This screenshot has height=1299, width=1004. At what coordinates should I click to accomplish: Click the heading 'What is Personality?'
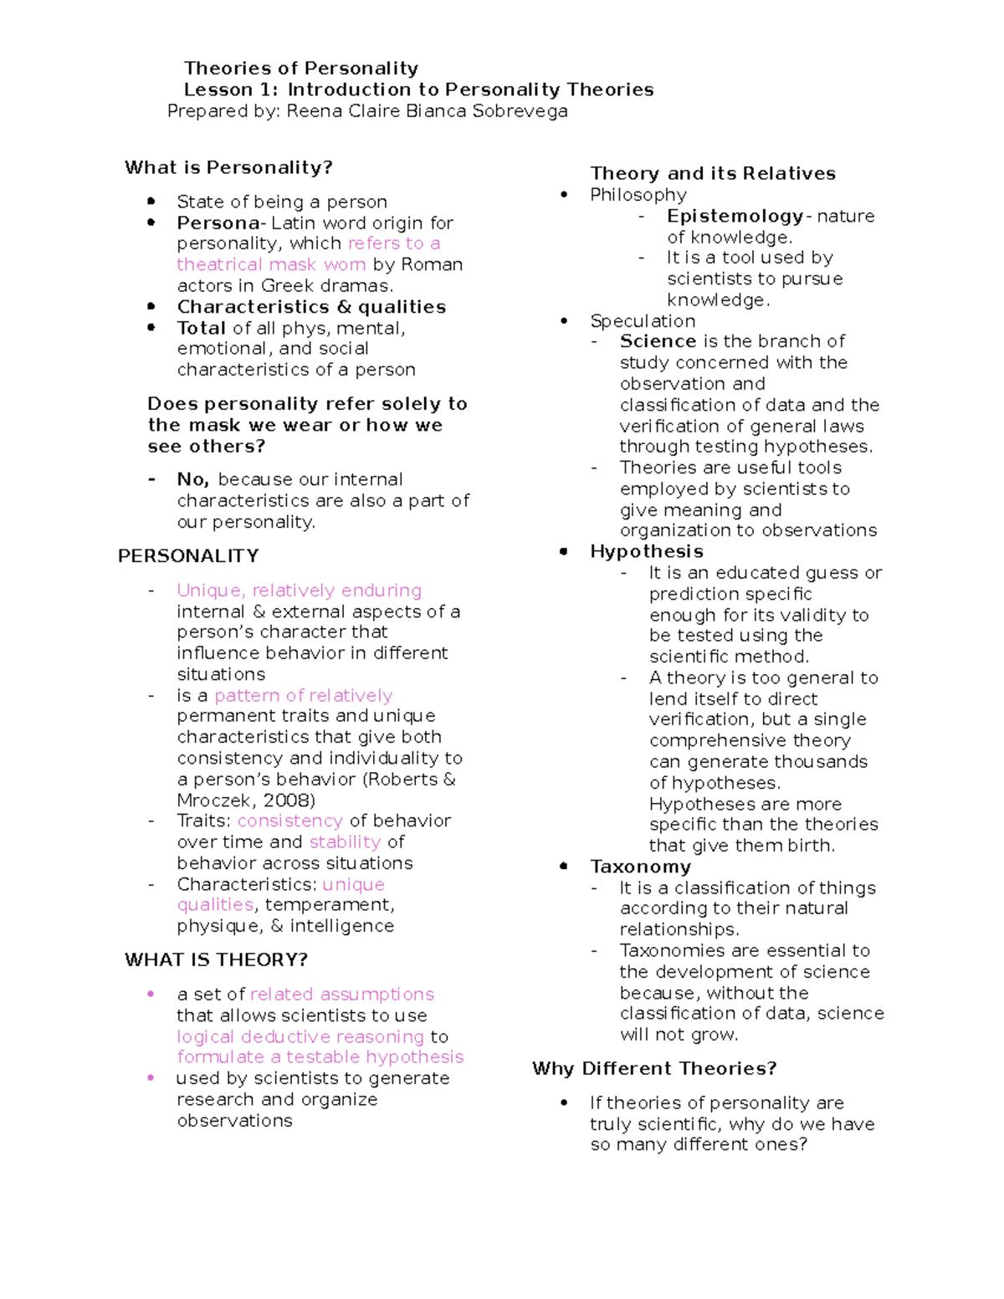point(228,167)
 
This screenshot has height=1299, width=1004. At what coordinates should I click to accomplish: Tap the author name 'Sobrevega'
point(520,111)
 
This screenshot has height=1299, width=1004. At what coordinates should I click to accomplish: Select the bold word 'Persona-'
point(221,223)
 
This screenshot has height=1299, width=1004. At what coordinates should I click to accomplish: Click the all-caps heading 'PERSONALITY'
point(188,556)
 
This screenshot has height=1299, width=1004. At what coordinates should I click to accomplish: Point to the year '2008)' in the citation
point(289,800)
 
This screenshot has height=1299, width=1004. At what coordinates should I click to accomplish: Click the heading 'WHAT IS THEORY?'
point(216,959)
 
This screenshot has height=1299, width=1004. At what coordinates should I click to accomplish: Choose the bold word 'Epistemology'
point(735,216)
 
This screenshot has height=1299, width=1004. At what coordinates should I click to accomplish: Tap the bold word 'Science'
point(658,341)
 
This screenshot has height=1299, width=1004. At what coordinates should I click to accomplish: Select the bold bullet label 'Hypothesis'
point(646,551)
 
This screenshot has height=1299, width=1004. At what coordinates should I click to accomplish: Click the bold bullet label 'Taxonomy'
point(640,867)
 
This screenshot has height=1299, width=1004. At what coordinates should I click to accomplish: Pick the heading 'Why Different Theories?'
point(654,1068)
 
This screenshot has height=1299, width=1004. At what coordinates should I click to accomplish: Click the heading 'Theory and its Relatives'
point(713,173)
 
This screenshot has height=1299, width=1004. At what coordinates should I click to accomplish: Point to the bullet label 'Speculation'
point(643,321)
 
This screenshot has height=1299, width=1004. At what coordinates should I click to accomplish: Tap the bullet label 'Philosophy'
point(638,195)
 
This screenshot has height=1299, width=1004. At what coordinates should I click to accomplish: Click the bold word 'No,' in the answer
point(192,479)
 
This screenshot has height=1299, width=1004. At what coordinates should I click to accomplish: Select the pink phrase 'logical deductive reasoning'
point(300,1036)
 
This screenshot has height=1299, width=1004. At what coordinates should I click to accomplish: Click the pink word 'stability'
point(345,841)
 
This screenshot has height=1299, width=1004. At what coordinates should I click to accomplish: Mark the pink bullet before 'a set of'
point(151,994)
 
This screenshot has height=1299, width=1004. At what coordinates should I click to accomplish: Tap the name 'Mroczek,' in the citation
point(214,800)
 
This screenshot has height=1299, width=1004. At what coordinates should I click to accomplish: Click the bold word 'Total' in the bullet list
point(202,328)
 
